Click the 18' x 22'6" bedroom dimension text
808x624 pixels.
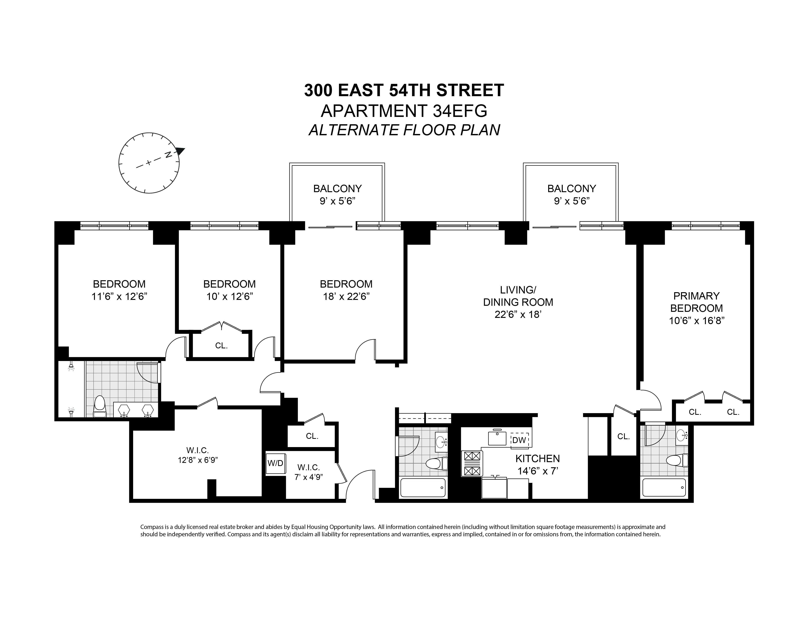point(346,296)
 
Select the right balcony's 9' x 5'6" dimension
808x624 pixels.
point(572,201)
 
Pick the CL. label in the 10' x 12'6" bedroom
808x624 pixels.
point(221,346)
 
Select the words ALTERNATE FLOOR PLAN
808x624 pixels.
point(404,130)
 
